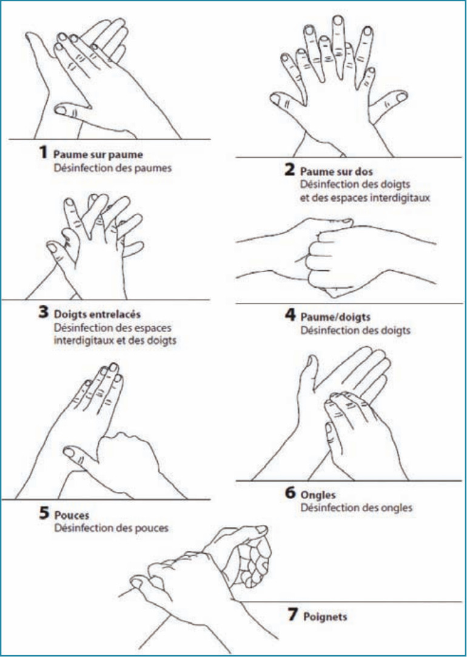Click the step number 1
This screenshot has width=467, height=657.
coord(43,152)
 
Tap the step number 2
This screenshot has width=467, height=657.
coord(289,169)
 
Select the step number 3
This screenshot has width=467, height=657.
coord(44,311)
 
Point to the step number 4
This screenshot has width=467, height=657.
coord(291,315)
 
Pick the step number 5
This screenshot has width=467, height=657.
coord(44,513)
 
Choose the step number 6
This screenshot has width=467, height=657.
coord(291,493)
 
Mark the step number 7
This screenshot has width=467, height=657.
coord(293,614)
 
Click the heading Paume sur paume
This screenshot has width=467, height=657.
coord(98,155)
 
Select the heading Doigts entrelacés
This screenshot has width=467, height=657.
coord(97,315)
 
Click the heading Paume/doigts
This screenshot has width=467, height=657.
coord(335,317)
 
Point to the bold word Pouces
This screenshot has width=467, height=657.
coord(72,516)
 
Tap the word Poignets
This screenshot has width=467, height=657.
coord(325,617)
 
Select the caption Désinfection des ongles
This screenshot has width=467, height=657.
coord(356,508)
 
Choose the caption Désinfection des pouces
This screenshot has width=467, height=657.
coord(112,528)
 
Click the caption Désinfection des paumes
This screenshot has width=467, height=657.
coord(113,168)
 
